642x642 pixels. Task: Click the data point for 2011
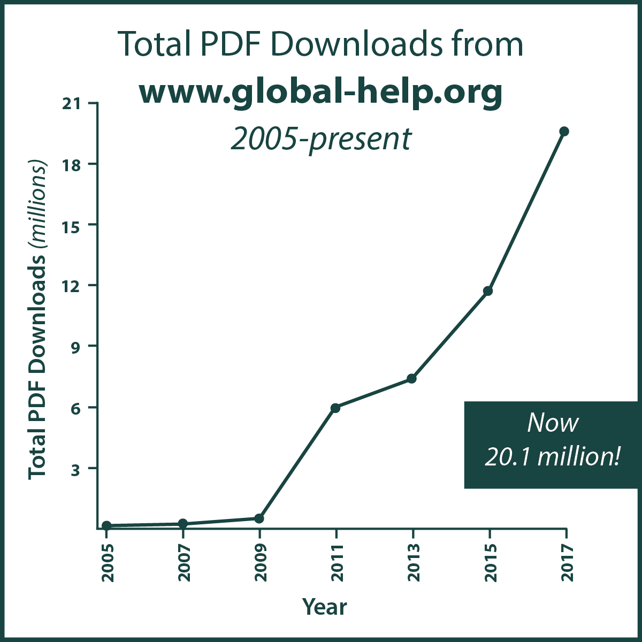pos(335,408)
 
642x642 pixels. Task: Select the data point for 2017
pos(564,132)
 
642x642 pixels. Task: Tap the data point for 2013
pos(411,379)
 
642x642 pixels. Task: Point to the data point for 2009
pos(259,518)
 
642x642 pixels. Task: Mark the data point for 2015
pos(488,291)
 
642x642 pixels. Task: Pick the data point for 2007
pos(183,523)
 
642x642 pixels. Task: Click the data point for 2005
pos(106,525)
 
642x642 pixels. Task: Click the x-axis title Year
pos(325,607)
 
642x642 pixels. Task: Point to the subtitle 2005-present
pos(321,139)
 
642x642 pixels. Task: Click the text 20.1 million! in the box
pos(553,457)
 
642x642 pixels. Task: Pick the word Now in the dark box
pos(553,423)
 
